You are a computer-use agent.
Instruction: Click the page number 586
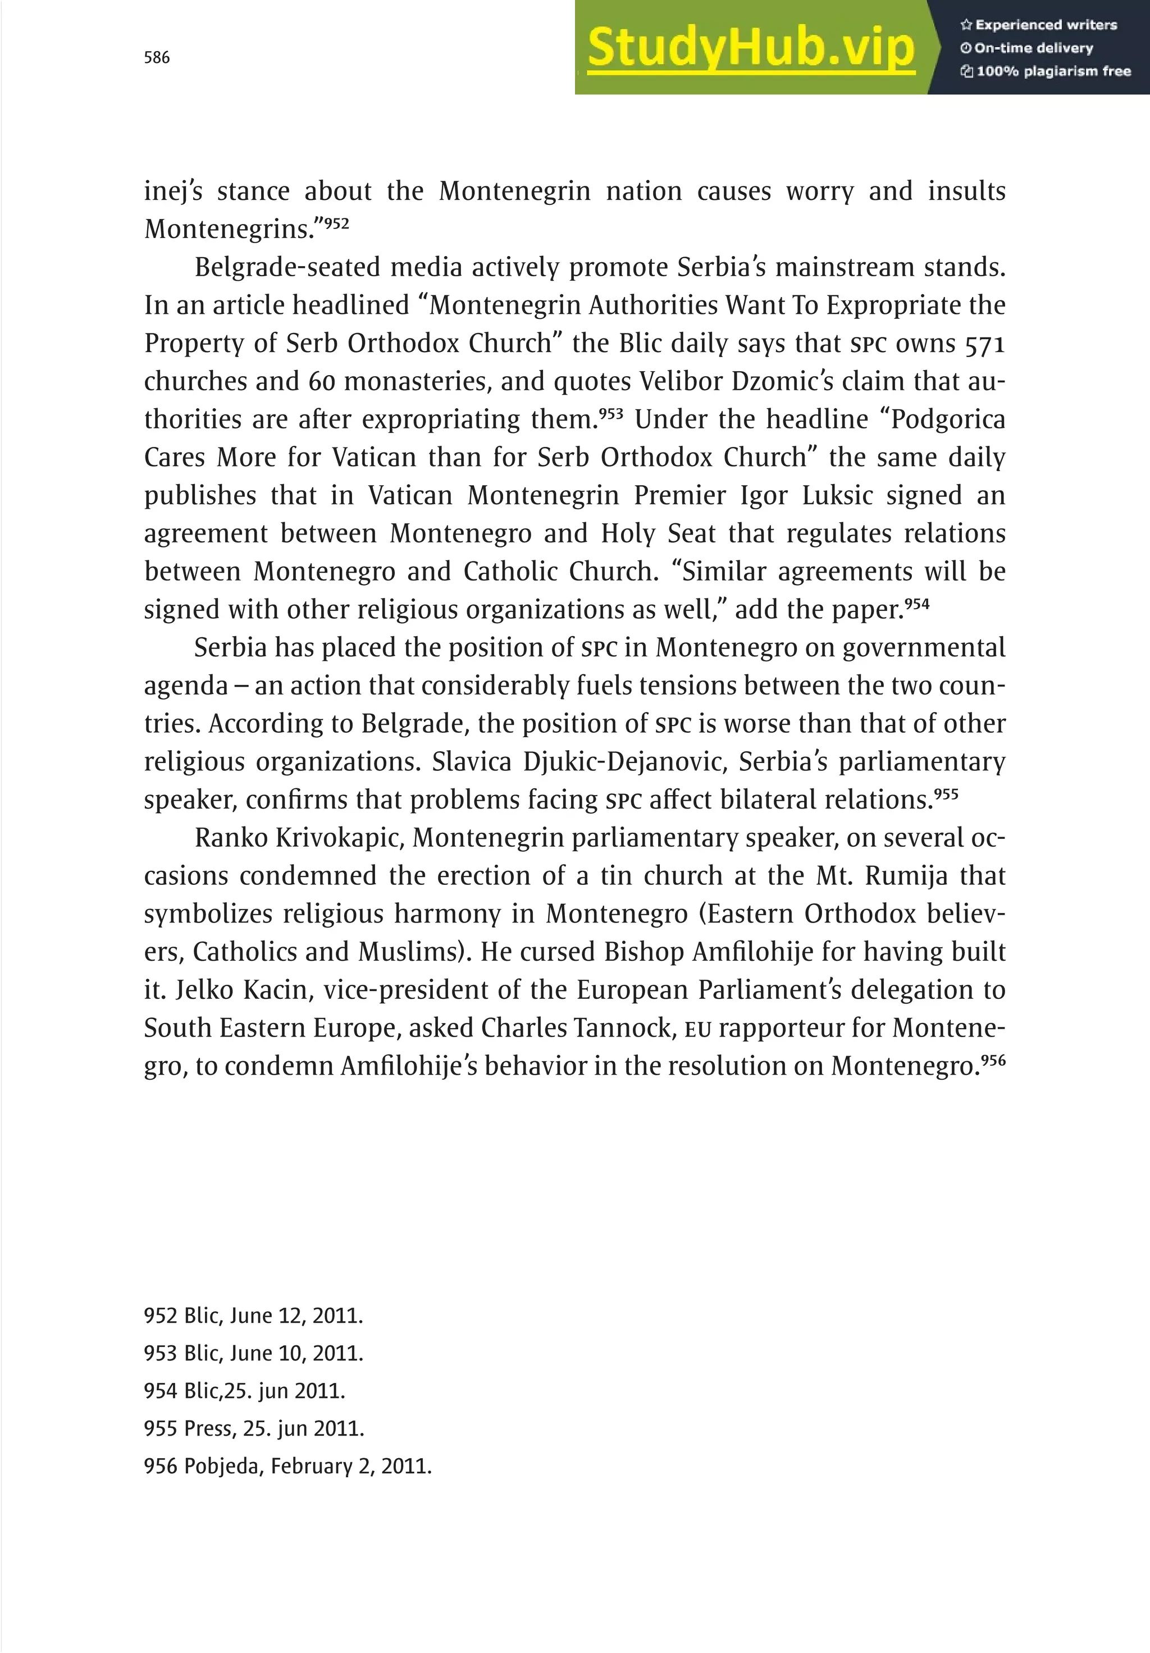coord(157,58)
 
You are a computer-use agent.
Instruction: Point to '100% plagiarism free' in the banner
coord(1046,71)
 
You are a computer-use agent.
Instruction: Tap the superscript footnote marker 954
coord(917,604)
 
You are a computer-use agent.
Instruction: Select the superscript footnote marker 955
coord(946,793)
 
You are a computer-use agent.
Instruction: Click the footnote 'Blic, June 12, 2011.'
coord(253,1316)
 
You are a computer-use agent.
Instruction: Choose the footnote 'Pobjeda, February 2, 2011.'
coord(288,1467)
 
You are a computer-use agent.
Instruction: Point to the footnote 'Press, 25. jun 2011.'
coord(254,1428)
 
